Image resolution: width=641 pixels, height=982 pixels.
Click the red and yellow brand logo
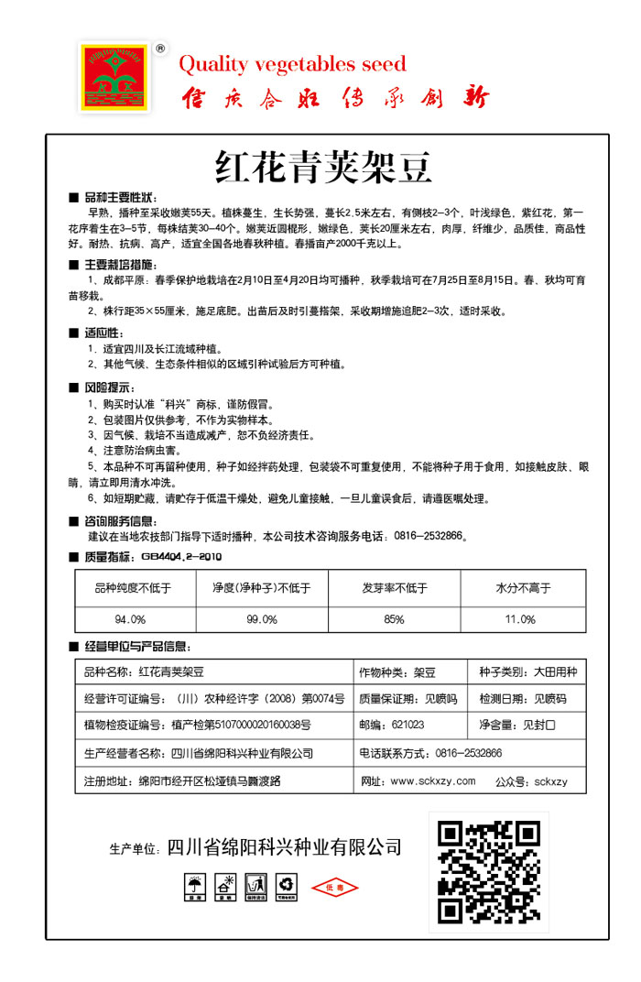pos(116,77)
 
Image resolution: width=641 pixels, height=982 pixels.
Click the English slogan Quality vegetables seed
pos(292,64)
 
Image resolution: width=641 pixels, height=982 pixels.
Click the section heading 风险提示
pos(108,387)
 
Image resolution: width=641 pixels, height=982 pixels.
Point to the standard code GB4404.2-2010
pos(181,556)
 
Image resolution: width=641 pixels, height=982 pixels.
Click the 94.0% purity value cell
pos(131,619)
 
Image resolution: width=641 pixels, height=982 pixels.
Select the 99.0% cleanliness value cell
pos(262,619)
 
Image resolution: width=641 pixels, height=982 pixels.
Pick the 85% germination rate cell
pos(394,619)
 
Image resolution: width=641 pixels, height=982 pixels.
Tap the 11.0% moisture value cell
pos(521,619)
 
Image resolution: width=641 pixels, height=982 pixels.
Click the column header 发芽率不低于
pos(394,588)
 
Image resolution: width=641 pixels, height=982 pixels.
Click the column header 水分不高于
pos(522,588)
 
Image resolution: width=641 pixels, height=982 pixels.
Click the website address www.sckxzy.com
pos(432,781)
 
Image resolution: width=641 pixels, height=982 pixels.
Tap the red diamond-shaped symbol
pos(335,888)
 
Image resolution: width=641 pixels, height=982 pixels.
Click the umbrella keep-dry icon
pos(195,887)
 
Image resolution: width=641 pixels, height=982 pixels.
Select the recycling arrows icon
pos(288,886)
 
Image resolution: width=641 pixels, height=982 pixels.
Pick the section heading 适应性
pos(103,333)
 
